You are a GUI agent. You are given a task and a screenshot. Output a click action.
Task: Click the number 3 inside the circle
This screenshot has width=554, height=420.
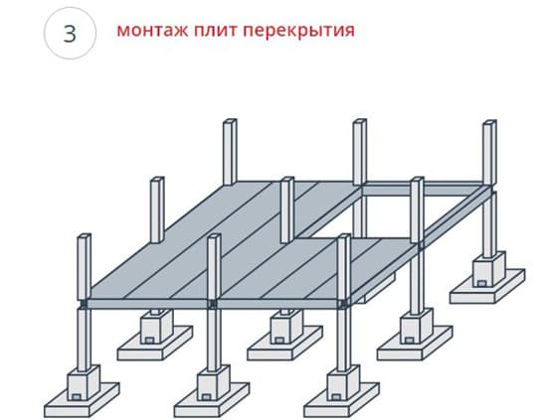pyautogui.click(x=70, y=34)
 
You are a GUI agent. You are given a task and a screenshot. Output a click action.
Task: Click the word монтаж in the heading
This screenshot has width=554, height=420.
pyautogui.click(x=152, y=31)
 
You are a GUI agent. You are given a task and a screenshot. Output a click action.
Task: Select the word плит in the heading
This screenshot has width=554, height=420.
pyautogui.click(x=215, y=31)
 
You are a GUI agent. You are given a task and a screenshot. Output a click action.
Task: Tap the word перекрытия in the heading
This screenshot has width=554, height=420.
pyautogui.click(x=298, y=31)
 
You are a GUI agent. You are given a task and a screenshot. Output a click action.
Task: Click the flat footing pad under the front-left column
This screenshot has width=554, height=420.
pyautogui.click(x=82, y=400)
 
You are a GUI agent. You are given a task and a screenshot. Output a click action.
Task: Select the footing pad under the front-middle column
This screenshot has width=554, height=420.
pyautogui.click(x=212, y=400)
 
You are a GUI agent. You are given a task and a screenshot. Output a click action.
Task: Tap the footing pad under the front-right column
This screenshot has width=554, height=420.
pyautogui.click(x=341, y=400)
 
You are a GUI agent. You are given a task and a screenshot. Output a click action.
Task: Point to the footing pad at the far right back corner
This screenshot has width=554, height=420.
pyautogui.click(x=487, y=287)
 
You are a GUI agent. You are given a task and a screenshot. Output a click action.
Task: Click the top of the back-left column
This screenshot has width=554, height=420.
pyautogui.click(x=230, y=121)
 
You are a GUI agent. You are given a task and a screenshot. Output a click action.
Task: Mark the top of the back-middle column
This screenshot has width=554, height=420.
pyautogui.click(x=360, y=121)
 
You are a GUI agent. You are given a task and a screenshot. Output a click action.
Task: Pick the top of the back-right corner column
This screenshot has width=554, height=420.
pyautogui.click(x=489, y=122)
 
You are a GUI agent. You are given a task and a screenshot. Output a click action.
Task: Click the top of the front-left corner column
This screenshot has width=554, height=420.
pyautogui.click(x=84, y=236)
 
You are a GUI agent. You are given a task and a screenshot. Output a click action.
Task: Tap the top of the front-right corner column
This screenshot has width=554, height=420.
pyautogui.click(x=343, y=236)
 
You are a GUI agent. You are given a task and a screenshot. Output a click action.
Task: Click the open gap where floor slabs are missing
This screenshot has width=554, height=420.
pyautogui.click(x=389, y=215)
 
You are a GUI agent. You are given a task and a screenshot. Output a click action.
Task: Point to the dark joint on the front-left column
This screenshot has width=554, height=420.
pyautogui.click(x=84, y=304)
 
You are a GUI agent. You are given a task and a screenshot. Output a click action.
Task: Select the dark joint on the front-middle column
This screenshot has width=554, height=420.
pyautogui.click(x=213, y=304)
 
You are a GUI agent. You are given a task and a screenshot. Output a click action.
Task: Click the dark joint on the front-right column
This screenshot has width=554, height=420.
pyautogui.click(x=342, y=304)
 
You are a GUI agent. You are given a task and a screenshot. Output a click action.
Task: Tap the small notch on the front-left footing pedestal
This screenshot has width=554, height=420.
pyautogui.click(x=77, y=397)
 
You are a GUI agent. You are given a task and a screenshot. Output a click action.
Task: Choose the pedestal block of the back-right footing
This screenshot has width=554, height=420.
pyautogui.click(x=489, y=269)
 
